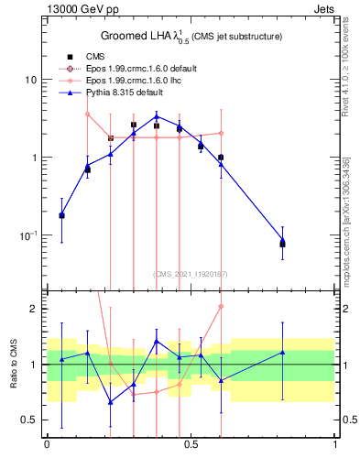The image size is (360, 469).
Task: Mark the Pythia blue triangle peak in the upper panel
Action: pos(157,116)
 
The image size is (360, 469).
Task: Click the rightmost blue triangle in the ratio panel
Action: pos(282,352)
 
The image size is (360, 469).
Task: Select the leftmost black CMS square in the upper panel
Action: pos(61,215)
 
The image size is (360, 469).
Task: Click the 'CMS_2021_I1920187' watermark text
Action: pos(191,274)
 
